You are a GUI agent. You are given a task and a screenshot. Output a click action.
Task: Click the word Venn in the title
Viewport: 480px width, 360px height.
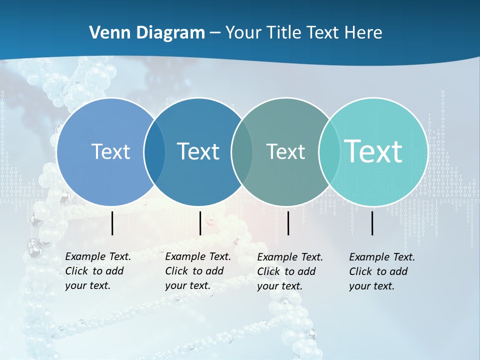[107, 33]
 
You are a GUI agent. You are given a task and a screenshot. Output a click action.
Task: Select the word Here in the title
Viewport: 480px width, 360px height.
[363, 33]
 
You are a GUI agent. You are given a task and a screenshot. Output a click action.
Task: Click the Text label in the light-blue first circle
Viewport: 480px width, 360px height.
[110, 151]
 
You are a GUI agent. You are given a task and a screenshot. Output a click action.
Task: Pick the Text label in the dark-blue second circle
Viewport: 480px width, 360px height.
[198, 151]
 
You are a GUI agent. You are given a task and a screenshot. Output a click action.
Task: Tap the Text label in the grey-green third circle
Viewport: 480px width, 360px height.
[285, 151]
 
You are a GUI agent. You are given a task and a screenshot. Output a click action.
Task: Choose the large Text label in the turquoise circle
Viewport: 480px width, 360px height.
[373, 151]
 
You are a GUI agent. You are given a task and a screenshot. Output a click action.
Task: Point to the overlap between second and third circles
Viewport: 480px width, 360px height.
[241, 151]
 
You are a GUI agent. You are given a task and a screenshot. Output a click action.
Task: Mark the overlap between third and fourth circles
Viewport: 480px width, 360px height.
[327, 151]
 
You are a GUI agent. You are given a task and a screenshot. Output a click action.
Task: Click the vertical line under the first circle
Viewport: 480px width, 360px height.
[112, 223]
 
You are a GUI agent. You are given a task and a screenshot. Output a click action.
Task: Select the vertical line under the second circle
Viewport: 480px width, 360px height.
[200, 223]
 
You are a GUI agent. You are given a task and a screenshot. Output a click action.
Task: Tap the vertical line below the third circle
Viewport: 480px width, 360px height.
[288, 223]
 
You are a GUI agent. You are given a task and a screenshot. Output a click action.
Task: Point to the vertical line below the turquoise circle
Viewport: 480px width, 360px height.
[372, 223]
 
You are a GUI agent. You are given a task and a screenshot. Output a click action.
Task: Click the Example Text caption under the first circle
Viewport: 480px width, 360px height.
[97, 271]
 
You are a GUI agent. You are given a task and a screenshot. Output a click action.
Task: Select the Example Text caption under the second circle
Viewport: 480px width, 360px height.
[197, 271]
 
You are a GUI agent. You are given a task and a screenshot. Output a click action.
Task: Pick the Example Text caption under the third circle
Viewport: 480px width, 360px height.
[289, 271]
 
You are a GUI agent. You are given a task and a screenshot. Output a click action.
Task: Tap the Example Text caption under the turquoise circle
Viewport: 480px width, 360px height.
[381, 271]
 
